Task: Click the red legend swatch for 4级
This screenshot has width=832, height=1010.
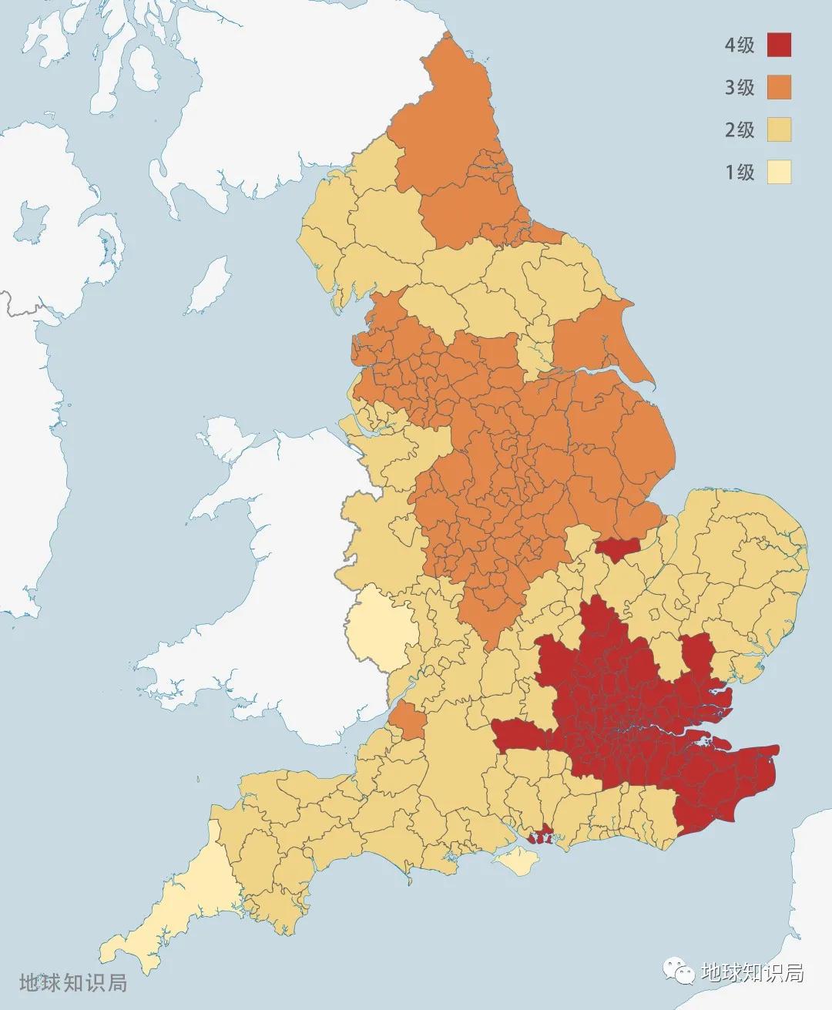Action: [780, 45]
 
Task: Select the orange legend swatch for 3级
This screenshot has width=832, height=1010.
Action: [780, 88]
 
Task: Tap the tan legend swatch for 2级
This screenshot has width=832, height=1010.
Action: [780, 129]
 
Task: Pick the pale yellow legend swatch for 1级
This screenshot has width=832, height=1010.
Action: [780, 172]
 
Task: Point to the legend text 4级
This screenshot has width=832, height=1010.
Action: [740, 45]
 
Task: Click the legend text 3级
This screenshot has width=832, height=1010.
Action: [740, 88]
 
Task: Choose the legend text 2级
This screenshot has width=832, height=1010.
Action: [740, 129]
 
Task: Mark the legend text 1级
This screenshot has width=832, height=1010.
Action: [740, 172]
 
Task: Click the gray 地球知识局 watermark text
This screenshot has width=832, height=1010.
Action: [73, 983]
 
